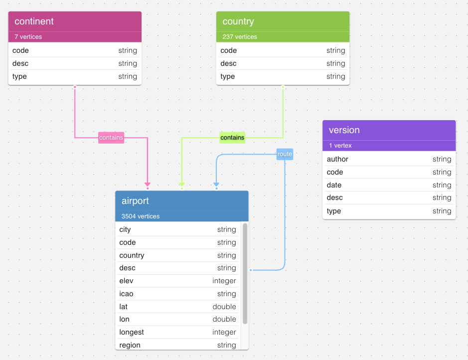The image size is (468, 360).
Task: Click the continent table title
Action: point(34,21)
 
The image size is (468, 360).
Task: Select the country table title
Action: point(238,21)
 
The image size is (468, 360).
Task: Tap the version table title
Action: point(344,130)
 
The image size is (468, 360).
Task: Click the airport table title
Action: point(135,201)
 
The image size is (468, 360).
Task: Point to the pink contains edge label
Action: point(111,138)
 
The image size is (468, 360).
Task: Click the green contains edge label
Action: point(232,138)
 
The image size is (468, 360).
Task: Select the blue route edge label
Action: point(285,154)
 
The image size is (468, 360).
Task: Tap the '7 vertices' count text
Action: point(28,37)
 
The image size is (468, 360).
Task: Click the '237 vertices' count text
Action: point(239,37)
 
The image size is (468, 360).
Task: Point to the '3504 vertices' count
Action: point(141,216)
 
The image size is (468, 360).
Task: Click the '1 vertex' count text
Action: point(340,146)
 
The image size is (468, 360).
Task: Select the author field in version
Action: point(337,159)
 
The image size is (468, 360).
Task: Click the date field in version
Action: point(334,185)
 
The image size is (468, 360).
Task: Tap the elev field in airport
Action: point(126,281)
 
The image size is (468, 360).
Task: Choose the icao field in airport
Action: point(126,294)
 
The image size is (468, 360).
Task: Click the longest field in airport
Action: point(132,332)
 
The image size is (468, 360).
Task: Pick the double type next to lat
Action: point(224,307)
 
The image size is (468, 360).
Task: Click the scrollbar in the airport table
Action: point(245,274)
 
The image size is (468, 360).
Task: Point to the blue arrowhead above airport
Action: point(216,184)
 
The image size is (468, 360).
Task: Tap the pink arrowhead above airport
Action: point(148,184)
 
